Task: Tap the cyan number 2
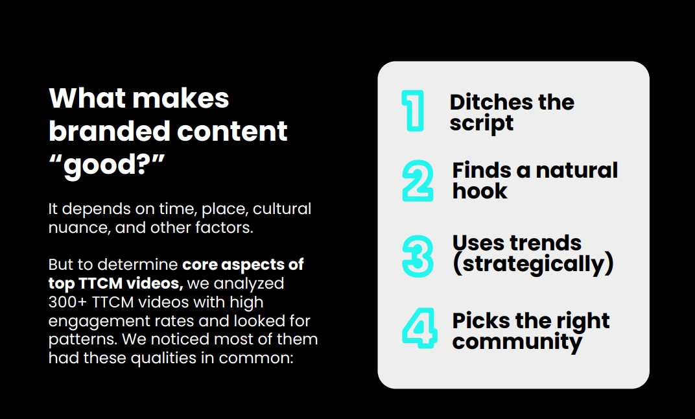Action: coord(418,181)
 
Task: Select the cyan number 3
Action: coord(418,256)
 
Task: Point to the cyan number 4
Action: coord(419,328)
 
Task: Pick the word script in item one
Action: coord(482,123)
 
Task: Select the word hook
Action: coord(480,191)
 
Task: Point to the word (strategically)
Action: coord(533,264)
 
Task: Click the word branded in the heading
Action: coord(110,131)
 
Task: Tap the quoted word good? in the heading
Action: coord(107,165)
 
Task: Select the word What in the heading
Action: coord(88,98)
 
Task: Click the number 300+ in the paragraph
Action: coord(68,302)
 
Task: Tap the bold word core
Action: coord(200,265)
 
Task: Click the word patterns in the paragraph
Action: coord(83,340)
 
